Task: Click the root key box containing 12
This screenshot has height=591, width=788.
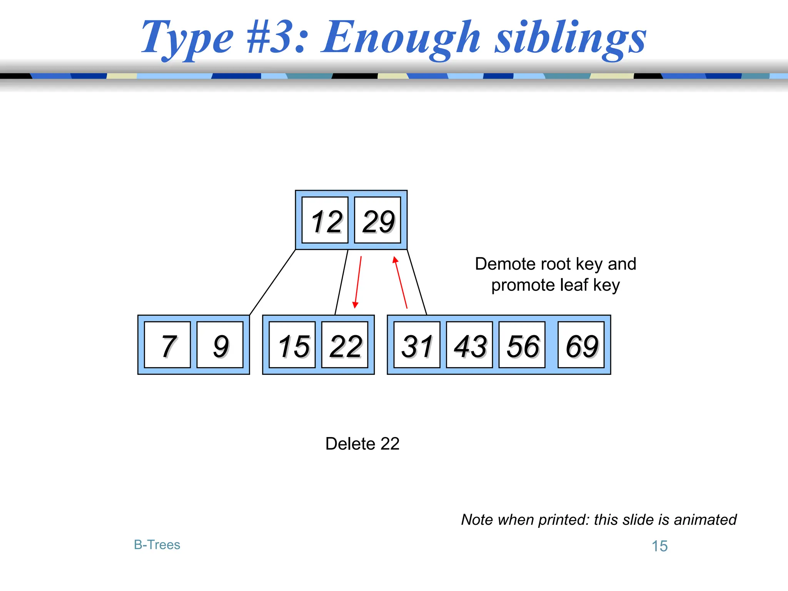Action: tap(325, 220)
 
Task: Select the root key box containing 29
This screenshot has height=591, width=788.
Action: tap(377, 220)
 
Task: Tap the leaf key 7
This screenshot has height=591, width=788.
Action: tap(167, 345)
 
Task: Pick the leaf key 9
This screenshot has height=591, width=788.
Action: tap(220, 345)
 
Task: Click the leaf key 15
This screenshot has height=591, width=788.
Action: tap(292, 345)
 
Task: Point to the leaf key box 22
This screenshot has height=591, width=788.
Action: tap(345, 345)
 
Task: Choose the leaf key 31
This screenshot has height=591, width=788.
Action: tap(417, 345)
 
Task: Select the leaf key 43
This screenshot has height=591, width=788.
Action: tap(469, 345)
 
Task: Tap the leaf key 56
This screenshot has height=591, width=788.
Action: tap(522, 345)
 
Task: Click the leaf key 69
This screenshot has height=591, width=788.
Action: tap(581, 345)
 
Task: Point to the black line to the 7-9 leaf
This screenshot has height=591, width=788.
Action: tap(272, 282)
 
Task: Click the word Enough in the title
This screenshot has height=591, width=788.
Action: tap(402, 38)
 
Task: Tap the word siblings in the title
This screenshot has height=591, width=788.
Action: tap(570, 38)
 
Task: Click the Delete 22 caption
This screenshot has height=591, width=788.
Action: tap(362, 444)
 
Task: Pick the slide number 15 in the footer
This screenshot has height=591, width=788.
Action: tap(659, 546)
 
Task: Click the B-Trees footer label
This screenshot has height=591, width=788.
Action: tap(157, 545)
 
